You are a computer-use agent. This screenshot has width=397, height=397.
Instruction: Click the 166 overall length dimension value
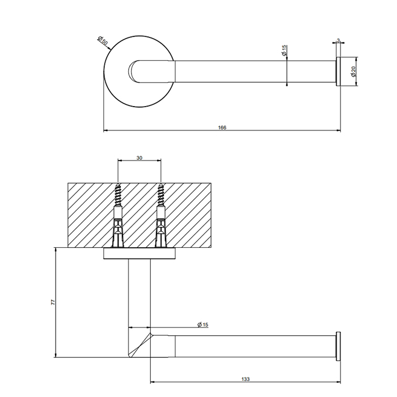point(222,128)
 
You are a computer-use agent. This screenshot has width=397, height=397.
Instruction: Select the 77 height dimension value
point(53,303)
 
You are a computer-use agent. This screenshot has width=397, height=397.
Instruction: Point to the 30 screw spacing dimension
point(140,158)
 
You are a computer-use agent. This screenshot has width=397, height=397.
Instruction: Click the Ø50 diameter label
point(103,41)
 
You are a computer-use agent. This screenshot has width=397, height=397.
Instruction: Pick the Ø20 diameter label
point(353,71)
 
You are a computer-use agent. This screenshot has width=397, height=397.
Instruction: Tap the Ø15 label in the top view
point(284,51)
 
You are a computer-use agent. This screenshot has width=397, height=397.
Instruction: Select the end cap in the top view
point(339,71)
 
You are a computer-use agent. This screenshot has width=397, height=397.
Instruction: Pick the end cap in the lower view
point(339,345)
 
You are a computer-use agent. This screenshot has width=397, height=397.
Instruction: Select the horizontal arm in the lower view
point(250,345)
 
